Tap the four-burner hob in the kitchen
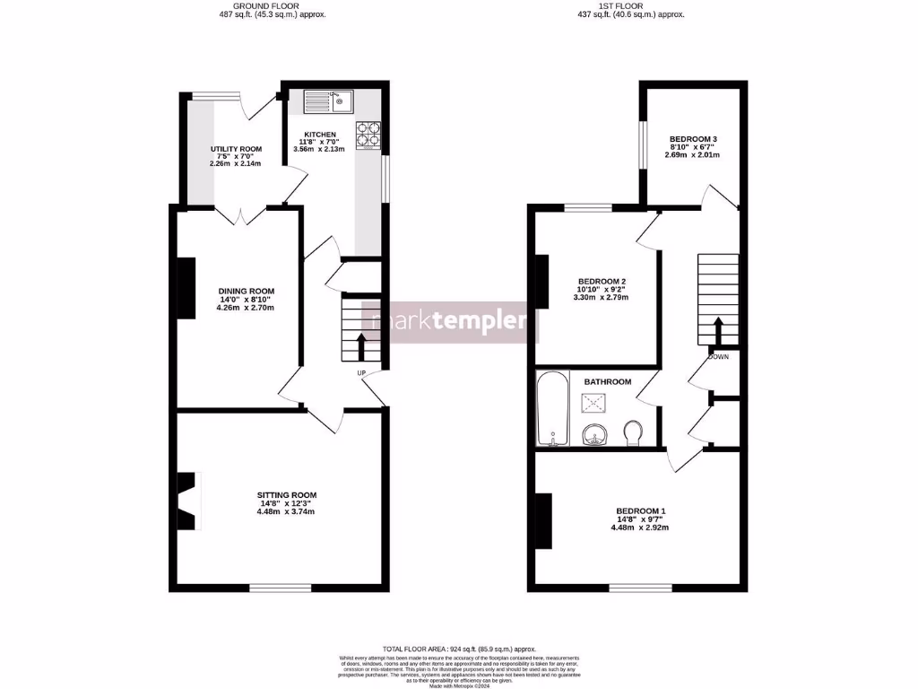coord(368,134)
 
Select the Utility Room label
coord(236,149)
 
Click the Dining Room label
coord(245,291)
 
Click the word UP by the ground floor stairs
coord(361,372)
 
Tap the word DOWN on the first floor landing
coord(718,356)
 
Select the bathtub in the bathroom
coord(548,410)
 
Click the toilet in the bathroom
coord(633,432)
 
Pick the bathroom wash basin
coord(593,435)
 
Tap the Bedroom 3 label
coord(693,139)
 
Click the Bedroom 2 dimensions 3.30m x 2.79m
coord(601,297)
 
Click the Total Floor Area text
coord(458,649)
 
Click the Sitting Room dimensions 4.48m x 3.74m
coord(286,512)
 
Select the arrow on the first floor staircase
coord(718,328)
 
